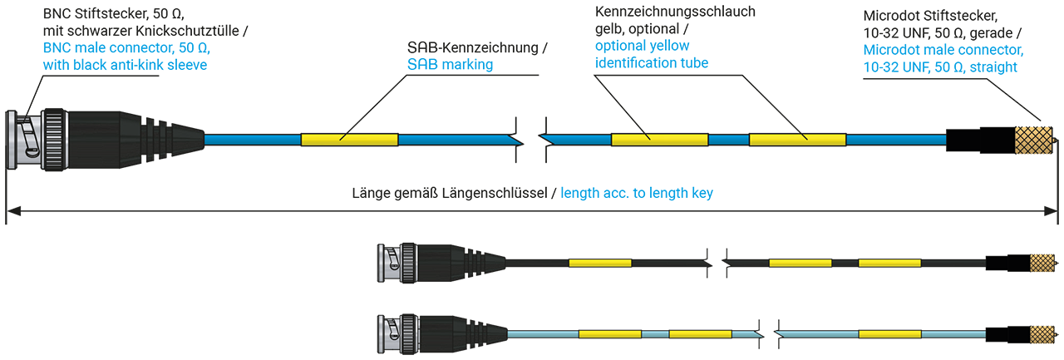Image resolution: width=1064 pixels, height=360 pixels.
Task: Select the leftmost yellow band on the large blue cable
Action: click(x=349, y=140)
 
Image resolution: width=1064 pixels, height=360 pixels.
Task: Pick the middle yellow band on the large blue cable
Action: click(x=659, y=140)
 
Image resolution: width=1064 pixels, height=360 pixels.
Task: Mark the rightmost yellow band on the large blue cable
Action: click(x=797, y=140)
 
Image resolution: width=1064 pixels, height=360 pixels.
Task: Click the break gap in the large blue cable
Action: click(x=530, y=140)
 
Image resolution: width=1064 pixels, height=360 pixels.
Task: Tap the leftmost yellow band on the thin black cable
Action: click(x=599, y=263)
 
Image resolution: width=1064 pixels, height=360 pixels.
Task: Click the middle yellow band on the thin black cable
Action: click(x=800, y=263)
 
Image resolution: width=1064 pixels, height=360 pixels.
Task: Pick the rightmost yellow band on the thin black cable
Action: click(x=889, y=263)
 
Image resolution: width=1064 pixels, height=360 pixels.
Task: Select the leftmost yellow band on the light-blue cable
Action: click(x=609, y=334)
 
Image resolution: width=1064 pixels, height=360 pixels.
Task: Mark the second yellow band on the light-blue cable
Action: click(x=699, y=334)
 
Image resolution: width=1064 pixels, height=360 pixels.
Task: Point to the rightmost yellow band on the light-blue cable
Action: click(x=889, y=334)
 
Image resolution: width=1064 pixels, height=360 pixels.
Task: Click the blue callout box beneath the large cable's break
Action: click(x=644, y=187)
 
